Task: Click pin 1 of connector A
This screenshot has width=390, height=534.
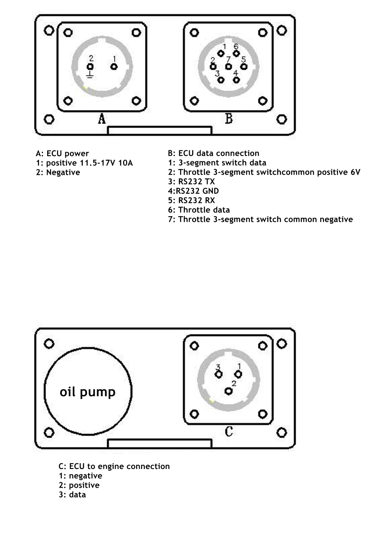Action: pyautogui.click(x=114, y=67)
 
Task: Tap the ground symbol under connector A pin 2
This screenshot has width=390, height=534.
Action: pyautogui.click(x=90, y=75)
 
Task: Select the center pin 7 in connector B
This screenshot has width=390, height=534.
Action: pyautogui.click(x=228, y=67)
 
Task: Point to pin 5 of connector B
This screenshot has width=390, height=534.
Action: pyautogui.click(x=244, y=67)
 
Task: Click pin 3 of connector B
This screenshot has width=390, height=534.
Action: pyautogui.click(x=221, y=80)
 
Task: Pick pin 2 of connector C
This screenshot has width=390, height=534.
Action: pyautogui.click(x=228, y=391)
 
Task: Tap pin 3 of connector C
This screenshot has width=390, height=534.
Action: pyautogui.click(x=219, y=374)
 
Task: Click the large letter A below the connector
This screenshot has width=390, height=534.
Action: pyautogui.click(x=102, y=119)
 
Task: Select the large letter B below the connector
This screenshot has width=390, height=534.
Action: pyautogui.click(x=229, y=119)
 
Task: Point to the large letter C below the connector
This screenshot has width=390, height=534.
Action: pyautogui.click(x=229, y=432)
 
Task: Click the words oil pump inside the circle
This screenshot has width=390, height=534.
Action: pyautogui.click(x=87, y=392)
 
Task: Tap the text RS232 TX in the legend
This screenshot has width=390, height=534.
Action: pyautogui.click(x=197, y=181)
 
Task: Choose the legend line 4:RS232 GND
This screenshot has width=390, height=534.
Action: pyautogui.click(x=193, y=191)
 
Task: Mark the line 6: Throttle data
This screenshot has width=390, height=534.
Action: pyautogui.click(x=199, y=210)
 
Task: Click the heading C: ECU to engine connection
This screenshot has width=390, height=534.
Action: pyautogui.click(x=114, y=466)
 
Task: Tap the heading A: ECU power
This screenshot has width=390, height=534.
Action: pyautogui.click(x=63, y=153)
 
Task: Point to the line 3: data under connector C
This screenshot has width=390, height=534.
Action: pyautogui.click(x=72, y=495)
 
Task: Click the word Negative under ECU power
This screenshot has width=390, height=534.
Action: pyautogui.click(x=63, y=172)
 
